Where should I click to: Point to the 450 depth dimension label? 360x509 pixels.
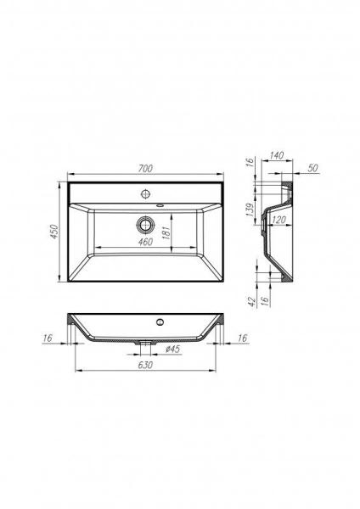coord(53,232)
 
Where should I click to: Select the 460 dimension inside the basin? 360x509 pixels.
coord(145,243)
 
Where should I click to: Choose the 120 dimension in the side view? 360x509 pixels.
coord(278,219)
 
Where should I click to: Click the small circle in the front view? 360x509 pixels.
coord(158,322)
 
